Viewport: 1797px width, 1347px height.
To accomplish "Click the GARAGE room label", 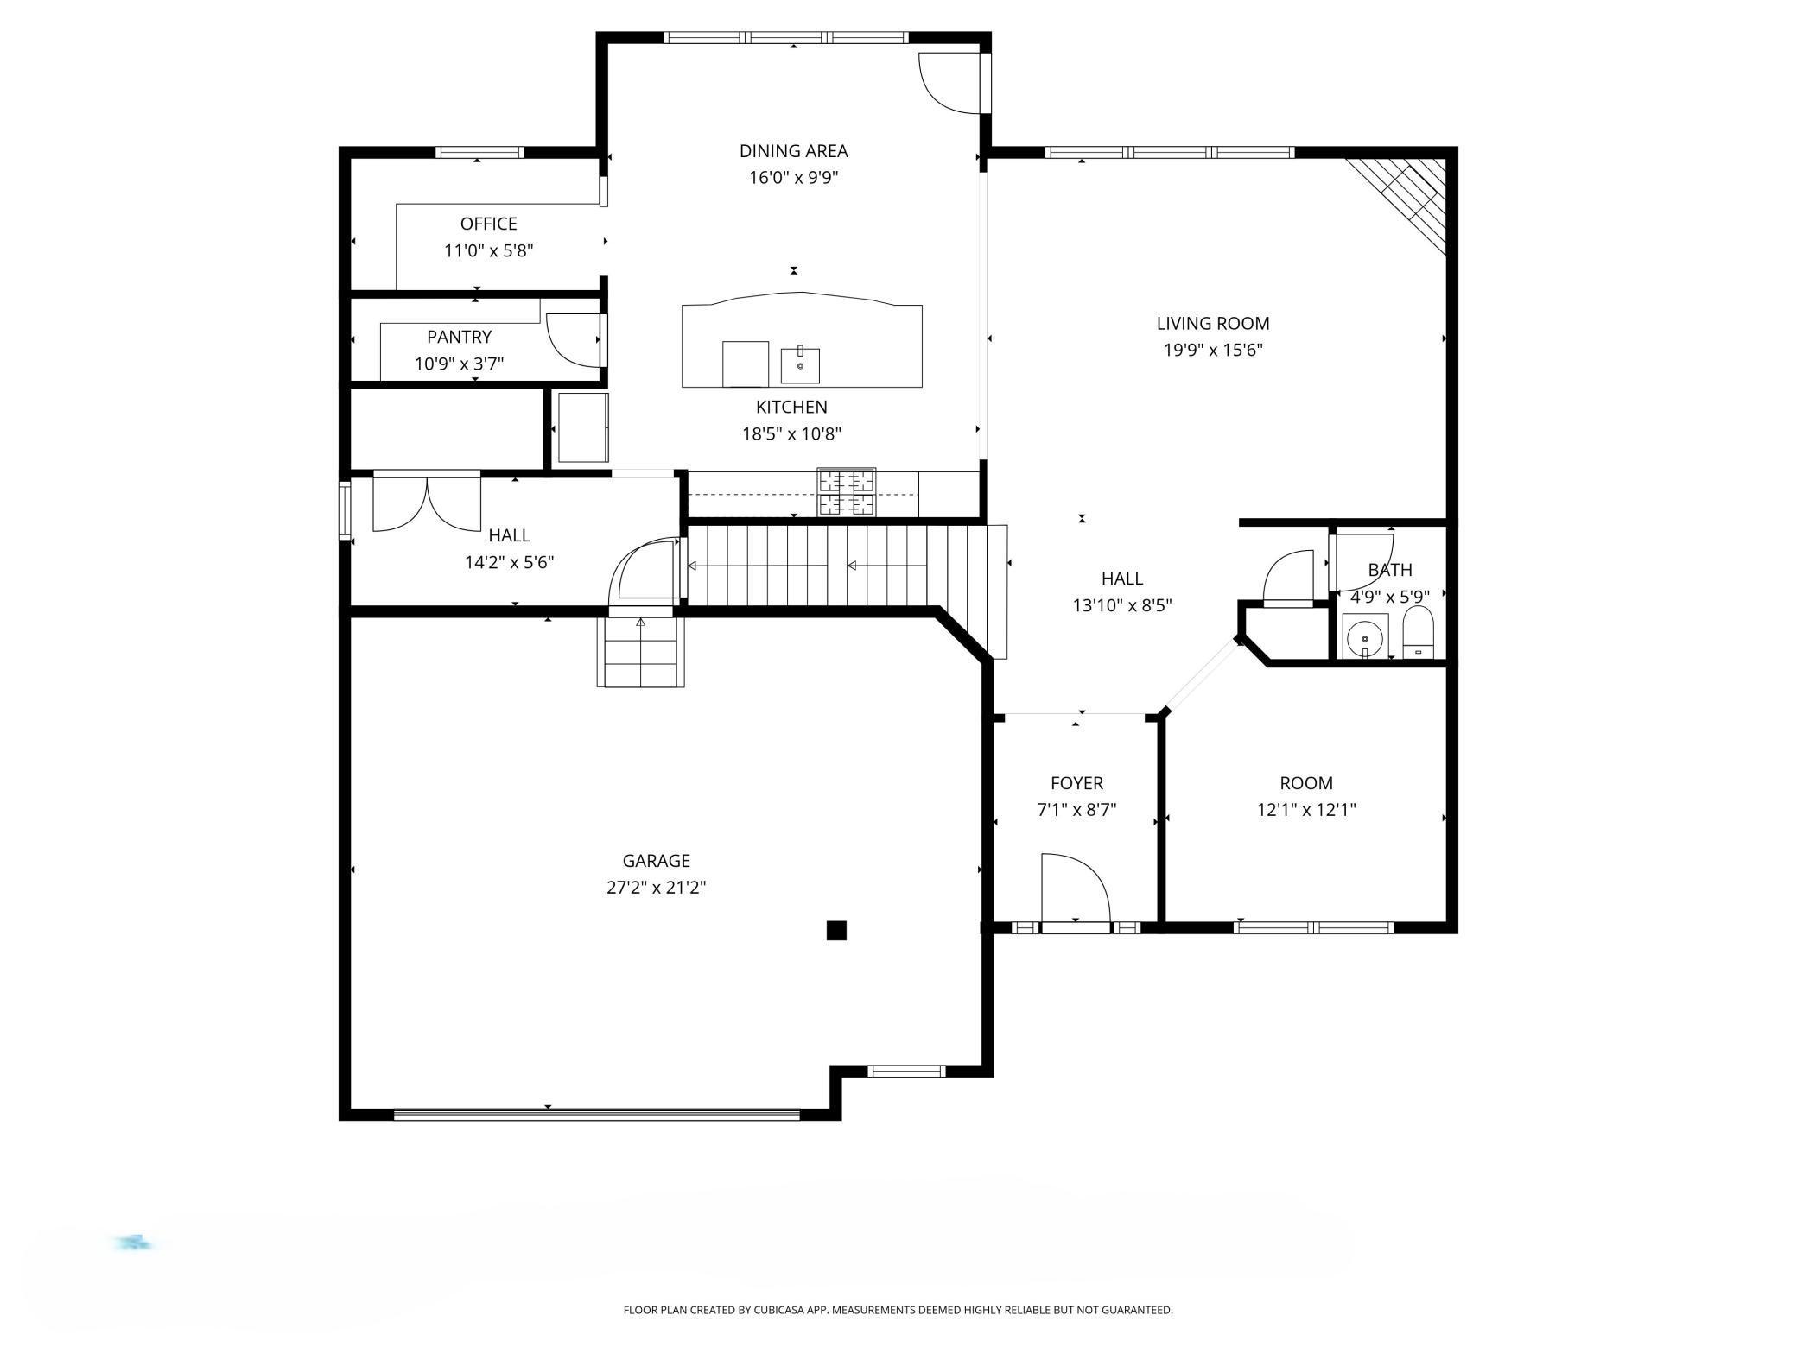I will (x=656, y=860).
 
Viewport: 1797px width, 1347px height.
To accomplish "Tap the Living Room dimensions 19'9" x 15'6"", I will (x=1212, y=350).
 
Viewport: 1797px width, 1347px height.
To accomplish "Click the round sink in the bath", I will (x=1365, y=637).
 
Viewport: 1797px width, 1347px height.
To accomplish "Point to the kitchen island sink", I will (x=800, y=365).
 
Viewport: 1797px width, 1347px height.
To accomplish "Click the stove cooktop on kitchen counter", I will (x=847, y=492).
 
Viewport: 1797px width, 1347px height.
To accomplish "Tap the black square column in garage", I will (x=835, y=930).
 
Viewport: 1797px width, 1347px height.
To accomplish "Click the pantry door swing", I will (x=572, y=339).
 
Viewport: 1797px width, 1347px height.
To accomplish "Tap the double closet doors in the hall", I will (x=426, y=503).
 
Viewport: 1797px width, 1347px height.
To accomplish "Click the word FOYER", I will (x=1076, y=782).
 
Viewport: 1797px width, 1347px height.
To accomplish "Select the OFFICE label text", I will (x=488, y=224).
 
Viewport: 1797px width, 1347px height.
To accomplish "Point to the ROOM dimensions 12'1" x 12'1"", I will (x=1305, y=810).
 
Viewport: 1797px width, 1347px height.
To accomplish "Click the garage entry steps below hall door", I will (x=640, y=654).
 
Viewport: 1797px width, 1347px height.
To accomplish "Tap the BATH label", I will (x=1389, y=570).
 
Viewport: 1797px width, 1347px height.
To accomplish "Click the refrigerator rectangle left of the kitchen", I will (x=582, y=427).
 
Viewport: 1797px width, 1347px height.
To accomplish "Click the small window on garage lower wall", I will (x=906, y=1072).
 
